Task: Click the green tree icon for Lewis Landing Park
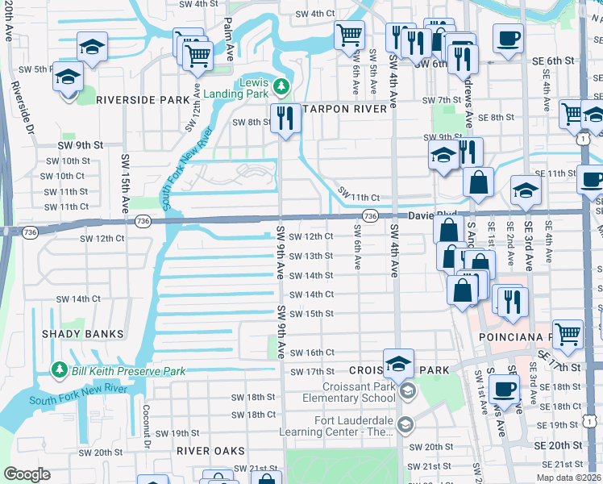pos(281,86)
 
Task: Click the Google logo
pos(27,474)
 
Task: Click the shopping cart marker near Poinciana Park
pos(568,333)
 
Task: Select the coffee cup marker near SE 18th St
pos(505,389)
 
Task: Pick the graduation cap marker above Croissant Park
pos(398,362)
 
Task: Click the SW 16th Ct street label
pos(311,353)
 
